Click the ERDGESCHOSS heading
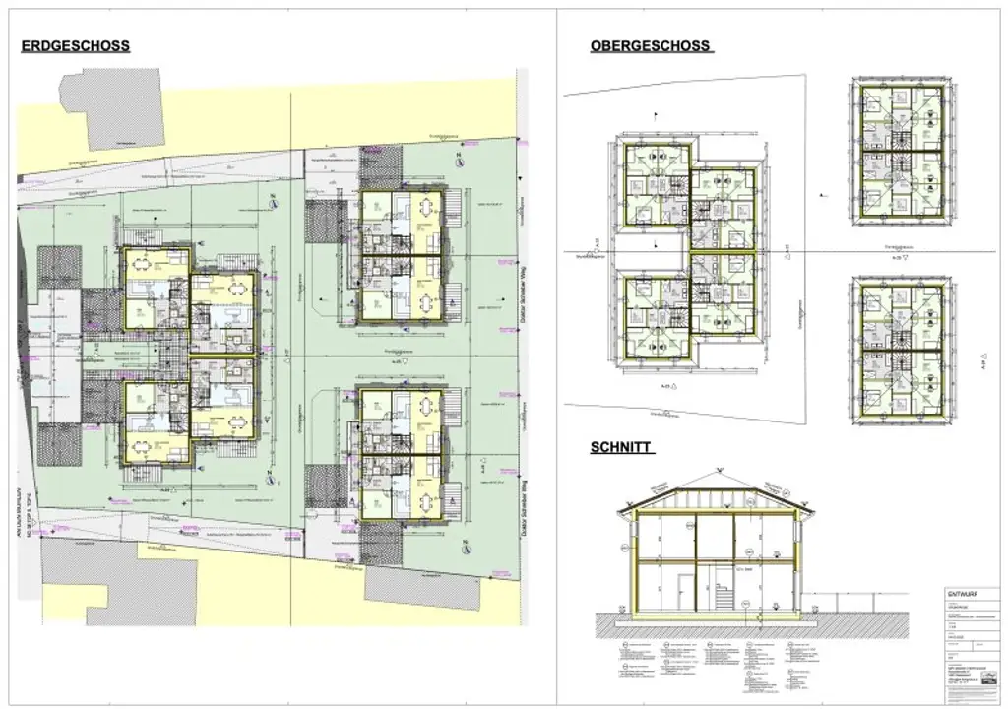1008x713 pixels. pos(76,45)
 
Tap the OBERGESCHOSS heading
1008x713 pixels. pos(652,46)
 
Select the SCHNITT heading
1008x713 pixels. pos(622,446)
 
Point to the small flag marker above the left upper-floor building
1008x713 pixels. pos(656,115)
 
